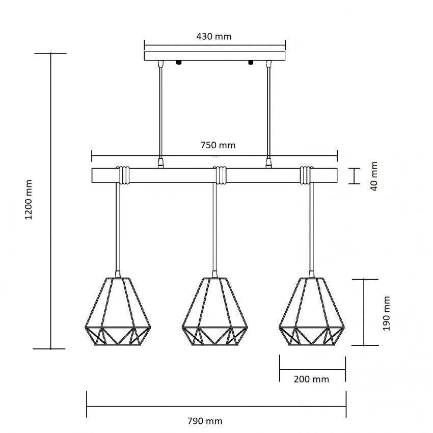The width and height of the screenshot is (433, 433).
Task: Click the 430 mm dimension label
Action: point(213,37)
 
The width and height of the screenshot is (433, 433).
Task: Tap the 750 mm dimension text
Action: point(218,145)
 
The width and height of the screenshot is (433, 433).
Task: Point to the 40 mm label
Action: point(374,176)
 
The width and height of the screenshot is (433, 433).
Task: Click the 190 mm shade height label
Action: point(387,311)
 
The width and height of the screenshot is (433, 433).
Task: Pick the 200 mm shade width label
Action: point(312,379)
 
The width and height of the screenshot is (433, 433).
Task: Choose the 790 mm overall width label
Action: point(205,421)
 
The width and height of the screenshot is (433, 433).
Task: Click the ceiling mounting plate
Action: point(214,56)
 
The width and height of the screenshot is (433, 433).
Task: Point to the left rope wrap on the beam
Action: point(123,175)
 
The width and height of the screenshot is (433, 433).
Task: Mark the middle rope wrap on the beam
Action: point(220,175)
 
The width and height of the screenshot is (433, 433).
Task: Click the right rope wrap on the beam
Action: point(306,175)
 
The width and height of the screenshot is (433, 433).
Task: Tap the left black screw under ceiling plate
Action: point(179,63)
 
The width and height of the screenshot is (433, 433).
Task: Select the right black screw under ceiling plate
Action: point(250,63)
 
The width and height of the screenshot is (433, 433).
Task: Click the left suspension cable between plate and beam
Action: point(161,112)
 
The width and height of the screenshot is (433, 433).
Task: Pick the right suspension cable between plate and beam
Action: point(268,112)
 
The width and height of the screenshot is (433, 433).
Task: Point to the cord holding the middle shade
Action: point(214,229)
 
